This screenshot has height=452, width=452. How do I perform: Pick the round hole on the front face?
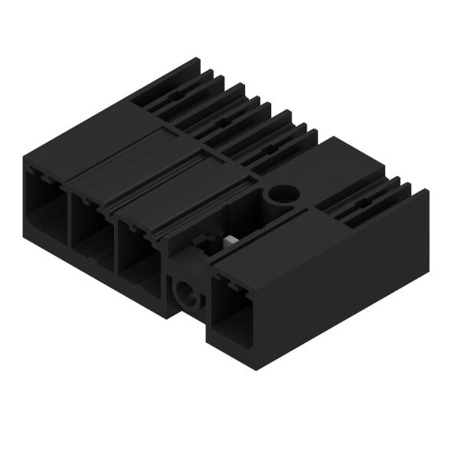pos(186,292)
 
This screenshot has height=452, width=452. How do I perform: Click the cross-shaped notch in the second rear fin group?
pos(221,121)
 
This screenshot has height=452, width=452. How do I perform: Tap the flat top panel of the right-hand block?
pos(337,165)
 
